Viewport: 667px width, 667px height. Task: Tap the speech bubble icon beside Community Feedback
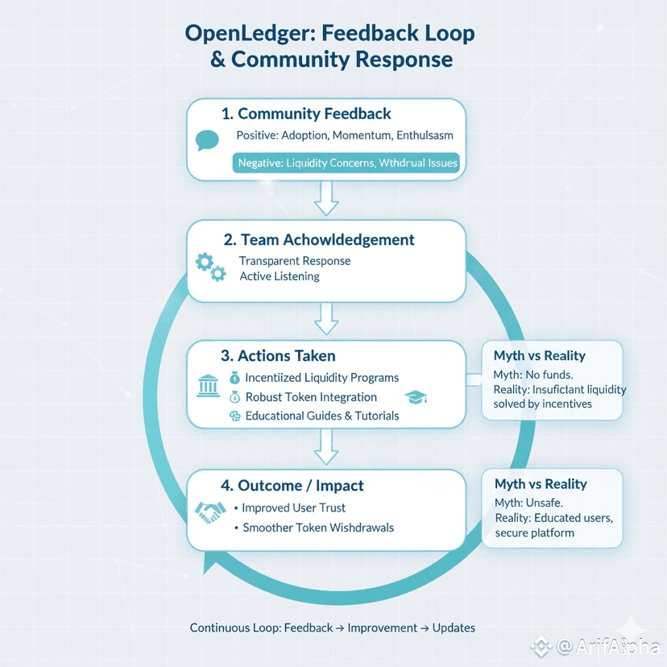coord(208,141)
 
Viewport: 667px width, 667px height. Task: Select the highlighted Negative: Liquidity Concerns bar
coord(346,163)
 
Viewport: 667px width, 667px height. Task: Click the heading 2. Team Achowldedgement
coord(318,239)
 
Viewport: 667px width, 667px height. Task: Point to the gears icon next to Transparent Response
coord(211,267)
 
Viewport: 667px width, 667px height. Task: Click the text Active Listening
coord(280,276)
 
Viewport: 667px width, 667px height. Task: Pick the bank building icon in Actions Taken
coord(208,387)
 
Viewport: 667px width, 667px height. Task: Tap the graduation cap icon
coord(415,397)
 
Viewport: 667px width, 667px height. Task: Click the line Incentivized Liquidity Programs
coord(322,377)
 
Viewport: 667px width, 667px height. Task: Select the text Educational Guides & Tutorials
coord(322,416)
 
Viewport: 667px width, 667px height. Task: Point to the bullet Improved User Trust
coord(294,508)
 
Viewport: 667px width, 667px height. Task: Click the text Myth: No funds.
coord(533,375)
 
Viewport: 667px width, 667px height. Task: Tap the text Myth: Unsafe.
coord(529,503)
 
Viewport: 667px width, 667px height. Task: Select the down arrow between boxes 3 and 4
coord(326,448)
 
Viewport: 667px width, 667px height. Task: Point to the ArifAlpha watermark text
coord(609,646)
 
